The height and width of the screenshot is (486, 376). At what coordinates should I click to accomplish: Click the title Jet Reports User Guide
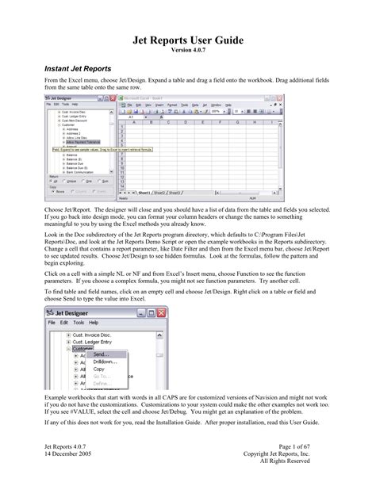188,40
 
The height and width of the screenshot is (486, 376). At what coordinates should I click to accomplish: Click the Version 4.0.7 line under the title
188,51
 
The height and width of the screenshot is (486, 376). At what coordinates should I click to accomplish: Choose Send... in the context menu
100,354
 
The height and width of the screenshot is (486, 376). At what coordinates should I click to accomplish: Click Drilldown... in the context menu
105,362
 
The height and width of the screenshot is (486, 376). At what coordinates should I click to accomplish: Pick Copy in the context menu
98,369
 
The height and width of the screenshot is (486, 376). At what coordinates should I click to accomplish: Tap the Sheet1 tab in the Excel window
146,192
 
